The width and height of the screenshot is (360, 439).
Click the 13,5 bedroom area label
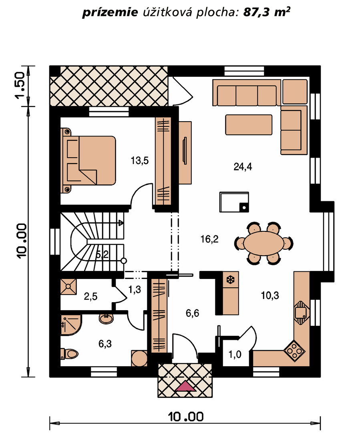click(139, 161)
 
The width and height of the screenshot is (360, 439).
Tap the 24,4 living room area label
click(243, 167)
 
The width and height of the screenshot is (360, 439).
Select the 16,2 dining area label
click(209, 239)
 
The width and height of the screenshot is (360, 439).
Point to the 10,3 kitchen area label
click(270, 295)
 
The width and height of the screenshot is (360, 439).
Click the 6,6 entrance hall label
click(193, 313)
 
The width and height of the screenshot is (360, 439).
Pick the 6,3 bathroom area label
click(105, 343)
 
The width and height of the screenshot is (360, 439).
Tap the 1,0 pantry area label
click(235, 355)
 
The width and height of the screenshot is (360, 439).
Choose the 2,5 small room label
click(91, 296)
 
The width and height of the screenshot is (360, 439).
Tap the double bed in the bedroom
click(88, 160)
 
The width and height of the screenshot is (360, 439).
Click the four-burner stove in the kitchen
click(294, 350)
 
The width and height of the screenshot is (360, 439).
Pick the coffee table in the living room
click(249, 124)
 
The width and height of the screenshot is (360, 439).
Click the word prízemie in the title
click(110, 13)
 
